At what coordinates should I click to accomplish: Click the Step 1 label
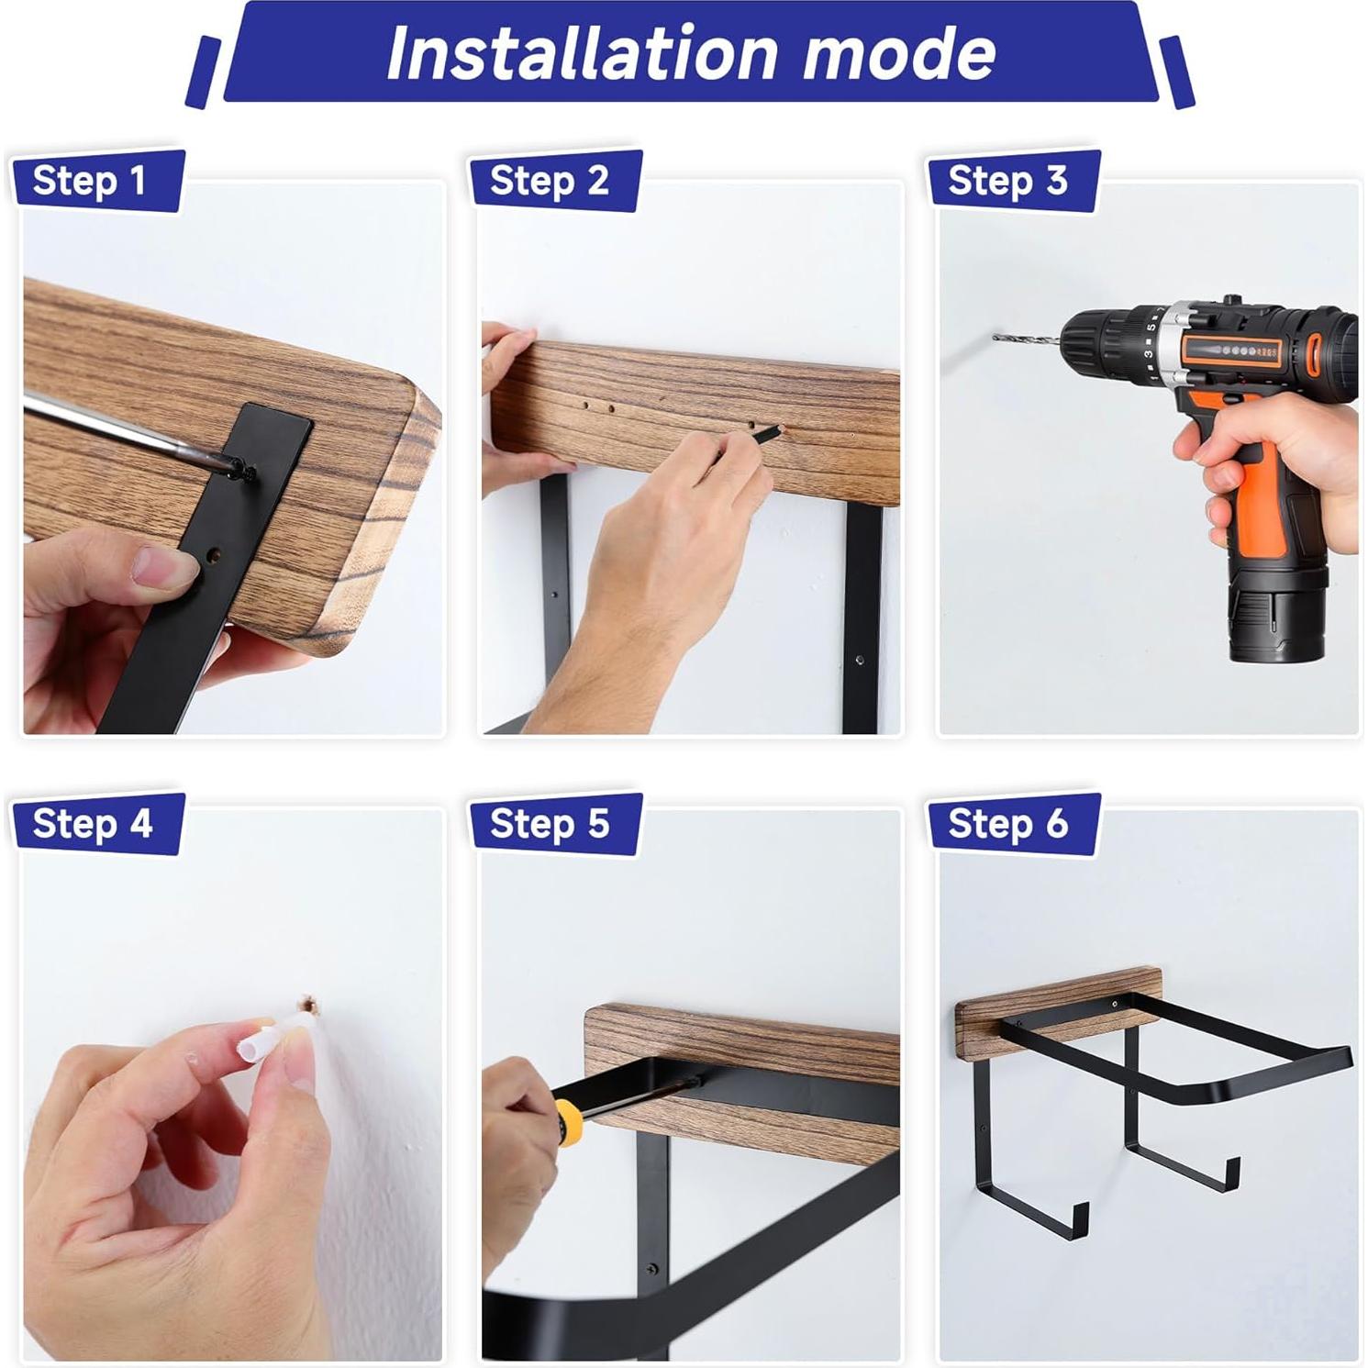pyautogui.click(x=90, y=181)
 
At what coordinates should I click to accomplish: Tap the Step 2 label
pyautogui.click(x=549, y=181)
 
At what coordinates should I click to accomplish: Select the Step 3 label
pyautogui.click(x=1007, y=181)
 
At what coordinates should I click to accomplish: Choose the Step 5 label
pyautogui.click(x=549, y=824)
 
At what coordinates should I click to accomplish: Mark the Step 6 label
pyautogui.click(x=1007, y=824)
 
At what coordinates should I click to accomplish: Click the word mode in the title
pyautogui.click(x=899, y=52)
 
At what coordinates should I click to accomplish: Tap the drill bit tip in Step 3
pyautogui.click(x=996, y=338)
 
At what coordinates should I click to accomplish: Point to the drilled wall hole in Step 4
pyautogui.click(x=311, y=1007)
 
